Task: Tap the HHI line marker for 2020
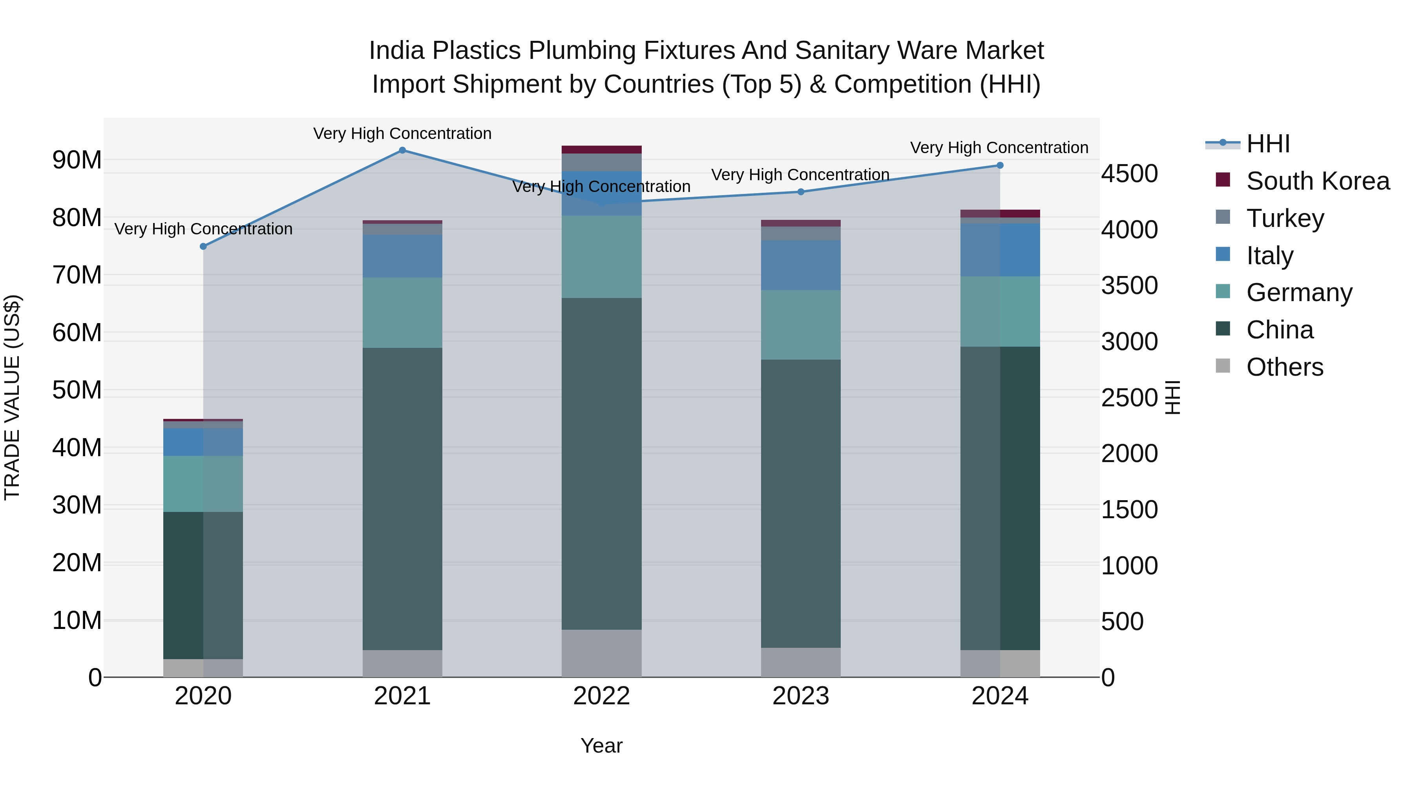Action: pos(203,246)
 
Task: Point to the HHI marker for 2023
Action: pos(800,192)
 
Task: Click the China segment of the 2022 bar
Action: pos(601,464)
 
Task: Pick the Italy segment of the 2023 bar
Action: pos(800,265)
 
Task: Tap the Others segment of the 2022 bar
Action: pos(601,653)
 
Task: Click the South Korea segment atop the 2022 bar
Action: pos(601,150)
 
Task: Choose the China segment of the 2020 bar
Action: pos(203,585)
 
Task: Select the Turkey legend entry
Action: pos(1284,218)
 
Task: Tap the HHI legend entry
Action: pos(1267,144)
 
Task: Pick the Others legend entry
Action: pos(1284,367)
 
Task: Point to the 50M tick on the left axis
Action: pos(77,390)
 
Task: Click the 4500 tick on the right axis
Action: pos(1129,174)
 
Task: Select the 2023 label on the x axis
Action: pos(800,696)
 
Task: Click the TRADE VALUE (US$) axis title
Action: pos(12,397)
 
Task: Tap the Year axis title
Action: pos(601,746)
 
